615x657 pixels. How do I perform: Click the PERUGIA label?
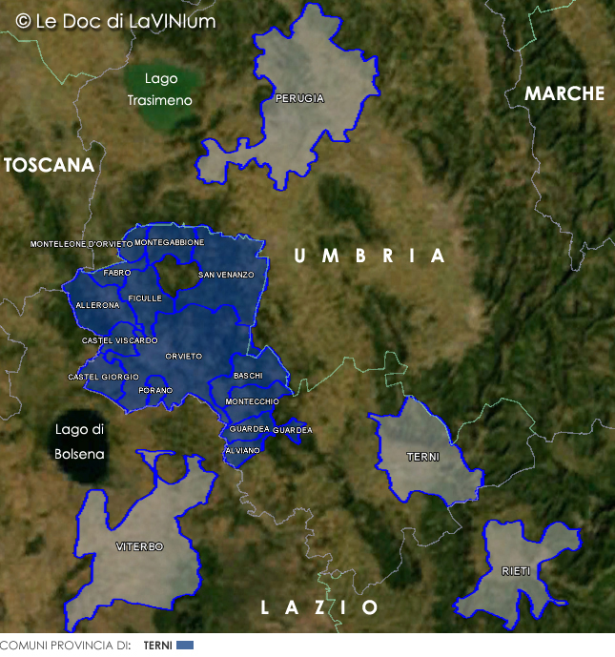[x=299, y=98]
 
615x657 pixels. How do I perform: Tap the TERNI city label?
[x=423, y=457]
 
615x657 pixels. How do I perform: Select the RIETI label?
[x=517, y=571]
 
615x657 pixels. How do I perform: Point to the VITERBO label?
[x=139, y=546]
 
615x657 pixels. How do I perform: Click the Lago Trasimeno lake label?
[x=160, y=89]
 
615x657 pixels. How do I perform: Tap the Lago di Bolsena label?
[x=79, y=441]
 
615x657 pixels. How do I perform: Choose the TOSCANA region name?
[x=50, y=165]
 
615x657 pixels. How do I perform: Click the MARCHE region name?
[x=564, y=93]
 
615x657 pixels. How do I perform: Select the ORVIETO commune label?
[x=183, y=356]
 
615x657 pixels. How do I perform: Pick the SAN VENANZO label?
[x=226, y=275]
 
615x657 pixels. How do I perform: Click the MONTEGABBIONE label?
[x=169, y=242]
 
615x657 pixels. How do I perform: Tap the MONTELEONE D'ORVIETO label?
[x=82, y=244]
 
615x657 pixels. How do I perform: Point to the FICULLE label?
[x=145, y=298]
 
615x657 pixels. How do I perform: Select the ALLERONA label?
[x=97, y=305]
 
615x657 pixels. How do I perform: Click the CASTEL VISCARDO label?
[x=119, y=340]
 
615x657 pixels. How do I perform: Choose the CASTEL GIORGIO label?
[x=103, y=377]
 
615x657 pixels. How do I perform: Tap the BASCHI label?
[x=247, y=376]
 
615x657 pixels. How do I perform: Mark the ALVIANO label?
[x=242, y=450]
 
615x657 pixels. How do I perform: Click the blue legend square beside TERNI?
[x=185, y=646]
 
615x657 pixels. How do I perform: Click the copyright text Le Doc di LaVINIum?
[x=116, y=21]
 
